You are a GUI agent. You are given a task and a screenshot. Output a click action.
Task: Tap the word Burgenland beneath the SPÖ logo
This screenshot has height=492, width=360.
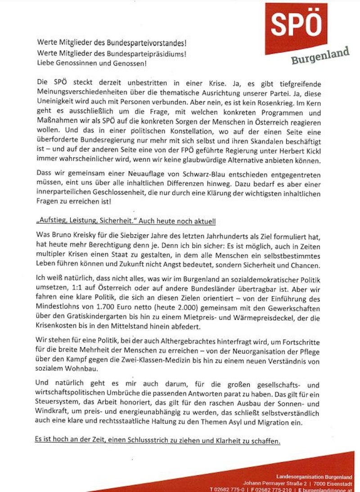[x=320, y=56]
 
